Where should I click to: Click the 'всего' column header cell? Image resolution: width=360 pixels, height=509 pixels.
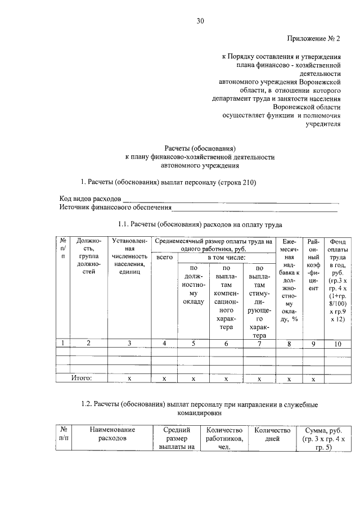tap(164, 257)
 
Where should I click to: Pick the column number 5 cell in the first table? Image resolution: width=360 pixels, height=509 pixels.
tap(193, 343)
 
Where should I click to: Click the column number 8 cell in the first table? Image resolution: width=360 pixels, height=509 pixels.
tap(289, 343)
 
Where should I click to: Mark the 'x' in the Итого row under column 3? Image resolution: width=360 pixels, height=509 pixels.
tap(129, 379)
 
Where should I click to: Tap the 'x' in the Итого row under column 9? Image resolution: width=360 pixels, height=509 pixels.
tap(314, 379)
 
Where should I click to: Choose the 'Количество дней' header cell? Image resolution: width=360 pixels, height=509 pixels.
tap(272, 434)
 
